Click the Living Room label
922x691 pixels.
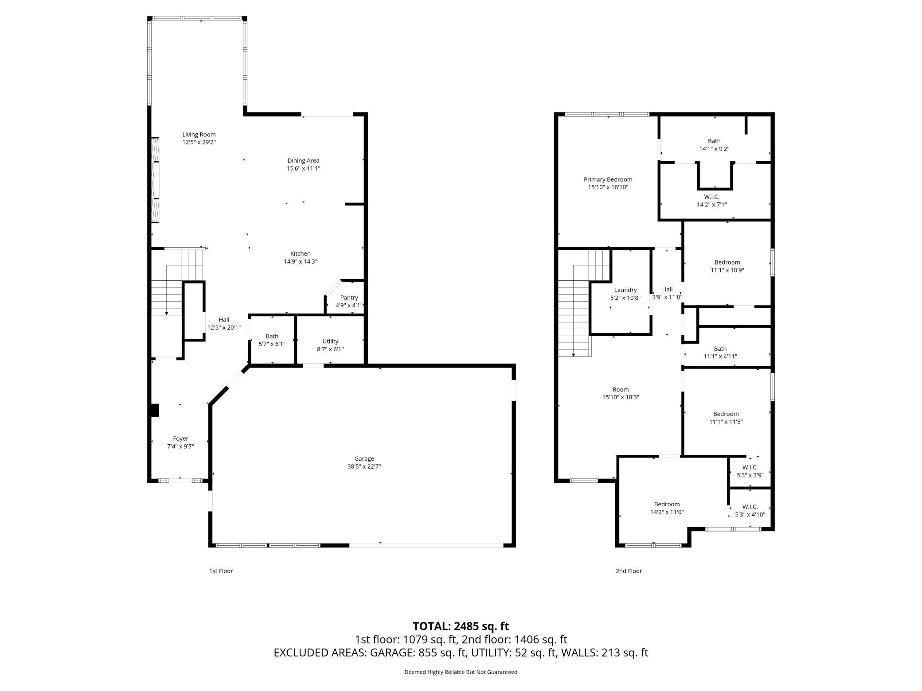coord(199,135)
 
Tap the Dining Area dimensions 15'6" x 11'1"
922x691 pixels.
coord(303,168)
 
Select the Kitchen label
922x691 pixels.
coord(301,254)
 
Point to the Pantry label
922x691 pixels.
coord(349,298)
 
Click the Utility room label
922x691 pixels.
coord(330,342)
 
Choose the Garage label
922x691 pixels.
coord(364,459)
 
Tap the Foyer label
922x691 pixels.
coord(180,439)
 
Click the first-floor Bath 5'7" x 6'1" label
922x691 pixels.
coord(272,340)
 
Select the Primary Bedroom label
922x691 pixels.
coord(608,179)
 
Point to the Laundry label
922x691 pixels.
coord(625,290)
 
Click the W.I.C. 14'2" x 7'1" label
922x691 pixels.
coord(712,201)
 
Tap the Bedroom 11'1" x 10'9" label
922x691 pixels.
coord(727,266)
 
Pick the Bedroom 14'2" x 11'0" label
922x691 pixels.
coord(667,508)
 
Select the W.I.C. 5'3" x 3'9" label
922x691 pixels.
coord(750,471)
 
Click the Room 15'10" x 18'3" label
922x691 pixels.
coord(621,393)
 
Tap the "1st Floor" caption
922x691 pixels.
coord(221,571)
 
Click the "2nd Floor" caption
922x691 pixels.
coord(629,571)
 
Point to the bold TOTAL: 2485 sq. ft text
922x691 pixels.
coord(461,626)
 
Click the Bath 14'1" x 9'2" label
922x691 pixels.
coord(714,145)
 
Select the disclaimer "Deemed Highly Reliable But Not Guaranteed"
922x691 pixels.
coord(461,672)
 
